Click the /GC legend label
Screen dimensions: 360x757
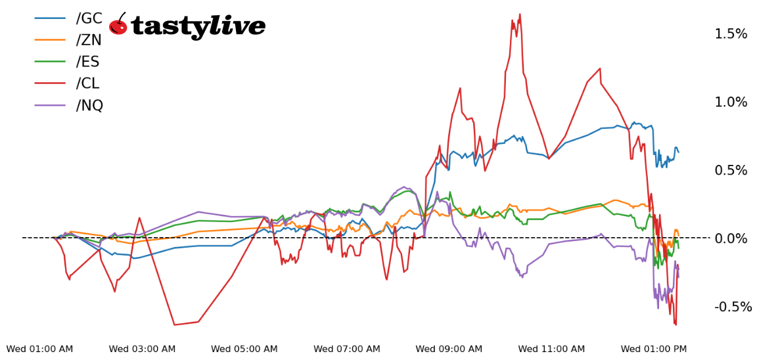pos(89,18)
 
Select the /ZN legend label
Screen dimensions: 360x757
pos(89,40)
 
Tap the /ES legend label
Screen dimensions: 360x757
pos(89,62)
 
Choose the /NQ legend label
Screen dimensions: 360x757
pos(90,105)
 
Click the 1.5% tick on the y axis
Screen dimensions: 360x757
pos(731,34)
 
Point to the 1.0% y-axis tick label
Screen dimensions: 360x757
pos(731,102)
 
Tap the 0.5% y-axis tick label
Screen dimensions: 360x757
pos(731,170)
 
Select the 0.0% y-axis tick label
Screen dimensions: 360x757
pos(731,238)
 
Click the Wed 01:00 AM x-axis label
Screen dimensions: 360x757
pos(39,349)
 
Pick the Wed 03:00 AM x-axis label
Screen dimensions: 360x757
pos(142,349)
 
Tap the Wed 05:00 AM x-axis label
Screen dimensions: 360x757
pos(244,349)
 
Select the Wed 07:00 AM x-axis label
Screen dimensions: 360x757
pos(346,349)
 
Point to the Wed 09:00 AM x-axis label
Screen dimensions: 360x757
pos(449,349)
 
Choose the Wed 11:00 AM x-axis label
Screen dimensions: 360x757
pos(551,349)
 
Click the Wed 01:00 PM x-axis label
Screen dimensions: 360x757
pos(653,349)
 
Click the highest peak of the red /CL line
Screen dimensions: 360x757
pos(520,14)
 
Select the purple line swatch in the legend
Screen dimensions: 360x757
pos(50,105)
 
